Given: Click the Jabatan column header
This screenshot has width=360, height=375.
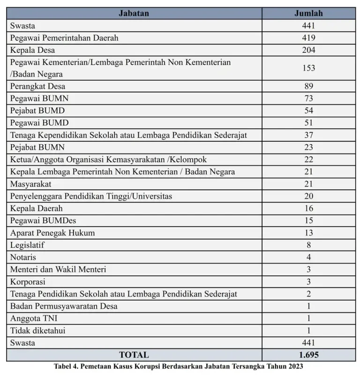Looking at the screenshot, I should point(134,13).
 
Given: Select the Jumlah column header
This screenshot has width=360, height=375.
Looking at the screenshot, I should point(308,13).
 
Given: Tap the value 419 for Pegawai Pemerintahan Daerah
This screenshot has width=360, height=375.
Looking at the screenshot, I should point(308,38).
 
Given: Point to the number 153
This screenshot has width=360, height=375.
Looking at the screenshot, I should point(308,68).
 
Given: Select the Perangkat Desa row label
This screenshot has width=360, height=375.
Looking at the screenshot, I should point(37,86).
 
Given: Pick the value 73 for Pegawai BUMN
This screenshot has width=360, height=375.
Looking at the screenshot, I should point(308,98).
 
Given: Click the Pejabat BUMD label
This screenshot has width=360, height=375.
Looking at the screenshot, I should point(37,110).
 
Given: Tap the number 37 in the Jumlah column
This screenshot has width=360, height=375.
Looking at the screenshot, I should point(308,135).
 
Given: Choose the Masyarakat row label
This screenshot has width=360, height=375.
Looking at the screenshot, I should point(30,184).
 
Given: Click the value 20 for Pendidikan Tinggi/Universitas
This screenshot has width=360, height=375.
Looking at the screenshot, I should point(308,196).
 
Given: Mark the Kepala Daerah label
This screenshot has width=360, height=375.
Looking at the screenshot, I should point(36,208).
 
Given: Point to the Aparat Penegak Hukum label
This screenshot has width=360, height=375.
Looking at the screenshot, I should point(52,233).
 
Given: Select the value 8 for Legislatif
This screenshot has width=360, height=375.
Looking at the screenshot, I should point(308,245).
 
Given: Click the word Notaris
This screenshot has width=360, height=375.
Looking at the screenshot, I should point(23,257).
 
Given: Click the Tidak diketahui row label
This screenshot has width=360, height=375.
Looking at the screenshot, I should point(37,331).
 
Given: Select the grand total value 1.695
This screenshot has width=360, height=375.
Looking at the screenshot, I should point(308,355).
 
